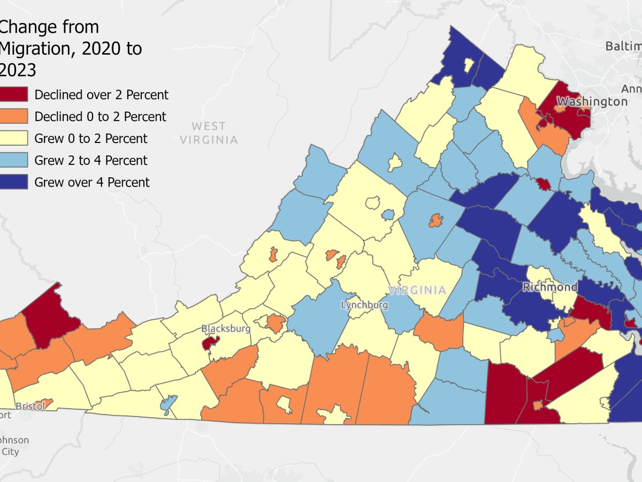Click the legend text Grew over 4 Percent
coord(92,182)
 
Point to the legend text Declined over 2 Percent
coord(101,95)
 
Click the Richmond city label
coord(550,288)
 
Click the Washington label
coord(592,101)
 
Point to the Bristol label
coord(29,406)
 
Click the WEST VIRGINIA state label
coord(209,133)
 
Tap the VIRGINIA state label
coord(417,290)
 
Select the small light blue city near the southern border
coord(168,405)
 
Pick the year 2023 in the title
coord(19,70)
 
